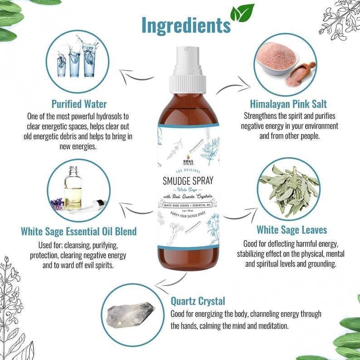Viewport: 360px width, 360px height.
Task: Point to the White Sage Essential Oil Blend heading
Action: tap(78, 232)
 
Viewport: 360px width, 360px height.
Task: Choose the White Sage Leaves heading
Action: tap(292, 229)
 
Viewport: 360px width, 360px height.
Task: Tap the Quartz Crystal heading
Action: tap(198, 301)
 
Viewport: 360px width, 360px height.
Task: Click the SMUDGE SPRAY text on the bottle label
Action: tap(188, 181)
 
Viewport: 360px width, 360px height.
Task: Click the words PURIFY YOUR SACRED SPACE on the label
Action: tap(188, 214)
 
